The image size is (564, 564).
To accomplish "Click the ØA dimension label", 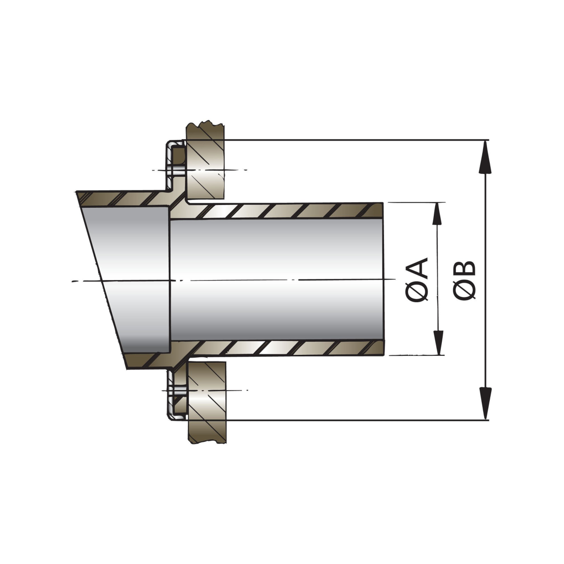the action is coord(417,279).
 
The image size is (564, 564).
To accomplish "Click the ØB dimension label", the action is coord(464,280).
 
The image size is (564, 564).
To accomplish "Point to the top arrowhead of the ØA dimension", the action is coord(437,214).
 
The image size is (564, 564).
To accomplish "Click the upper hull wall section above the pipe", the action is coord(205,161).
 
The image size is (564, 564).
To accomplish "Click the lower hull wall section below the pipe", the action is coord(207,402).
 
